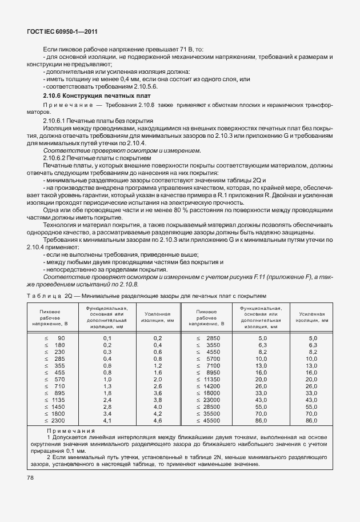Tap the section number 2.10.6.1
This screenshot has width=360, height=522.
point(55,121)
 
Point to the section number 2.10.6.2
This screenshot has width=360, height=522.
point(55,157)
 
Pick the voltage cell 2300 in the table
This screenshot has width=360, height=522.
point(58,420)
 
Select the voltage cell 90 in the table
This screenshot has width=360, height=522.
point(61,338)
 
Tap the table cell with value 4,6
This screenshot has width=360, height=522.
point(158,420)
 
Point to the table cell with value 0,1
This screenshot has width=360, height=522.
point(107,338)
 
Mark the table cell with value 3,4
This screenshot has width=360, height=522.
point(107,413)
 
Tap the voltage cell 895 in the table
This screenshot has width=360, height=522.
point(59,393)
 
